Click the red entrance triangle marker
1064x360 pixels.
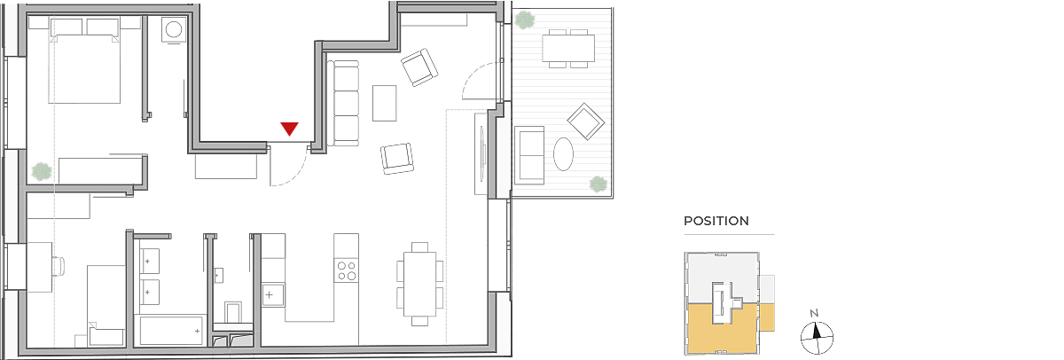(x=289, y=129)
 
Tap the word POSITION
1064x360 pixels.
(x=716, y=221)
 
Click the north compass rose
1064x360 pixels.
(x=817, y=338)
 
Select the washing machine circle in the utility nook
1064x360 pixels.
(x=174, y=29)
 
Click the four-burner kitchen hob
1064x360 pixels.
(x=347, y=270)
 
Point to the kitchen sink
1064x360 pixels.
(x=273, y=295)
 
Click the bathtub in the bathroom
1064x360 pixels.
(x=170, y=331)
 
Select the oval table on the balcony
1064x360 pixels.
(x=563, y=154)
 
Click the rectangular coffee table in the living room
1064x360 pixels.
(x=384, y=103)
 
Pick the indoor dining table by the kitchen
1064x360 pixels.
(x=420, y=284)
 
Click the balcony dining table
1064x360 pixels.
(x=568, y=48)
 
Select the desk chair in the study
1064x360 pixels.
(x=59, y=266)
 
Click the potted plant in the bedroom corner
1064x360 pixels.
(x=42, y=171)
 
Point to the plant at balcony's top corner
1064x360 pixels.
(x=524, y=20)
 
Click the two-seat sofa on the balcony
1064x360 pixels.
(x=529, y=155)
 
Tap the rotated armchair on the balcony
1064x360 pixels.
(x=586, y=121)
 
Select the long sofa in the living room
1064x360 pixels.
(x=343, y=103)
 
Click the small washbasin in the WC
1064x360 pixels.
(x=218, y=276)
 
